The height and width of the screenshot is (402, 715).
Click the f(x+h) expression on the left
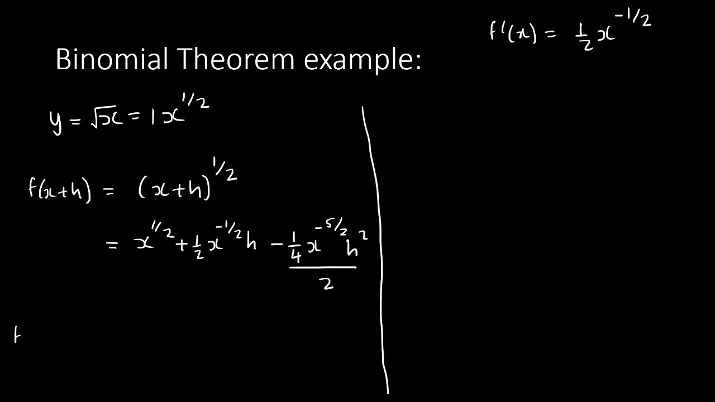click(59, 189)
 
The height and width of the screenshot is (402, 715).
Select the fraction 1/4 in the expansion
click(297, 249)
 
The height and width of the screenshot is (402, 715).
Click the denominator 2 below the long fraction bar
click(327, 284)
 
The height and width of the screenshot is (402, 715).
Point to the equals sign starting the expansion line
click(112, 245)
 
